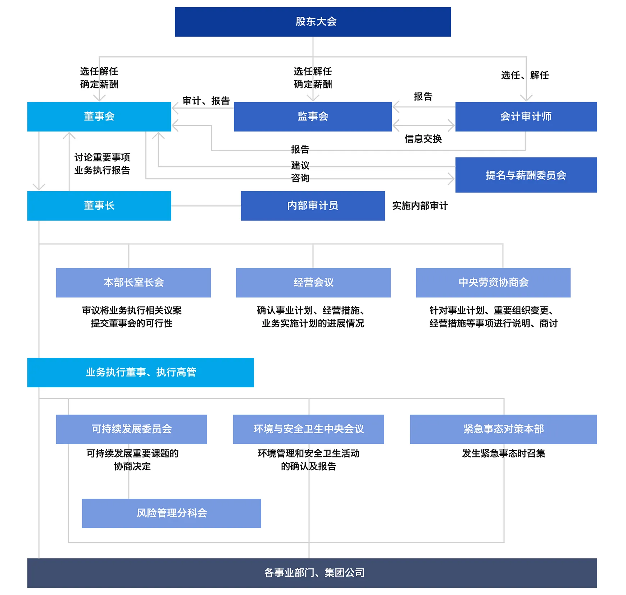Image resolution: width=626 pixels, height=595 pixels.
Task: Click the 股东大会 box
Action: [x=313, y=22]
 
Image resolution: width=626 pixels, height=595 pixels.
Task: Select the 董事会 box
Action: [x=99, y=117]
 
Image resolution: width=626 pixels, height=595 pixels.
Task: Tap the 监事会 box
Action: [x=313, y=117]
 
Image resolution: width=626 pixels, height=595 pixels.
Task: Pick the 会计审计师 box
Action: [x=526, y=117]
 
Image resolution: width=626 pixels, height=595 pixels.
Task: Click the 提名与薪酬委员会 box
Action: [x=526, y=175]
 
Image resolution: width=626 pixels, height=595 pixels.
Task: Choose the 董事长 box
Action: [x=99, y=206]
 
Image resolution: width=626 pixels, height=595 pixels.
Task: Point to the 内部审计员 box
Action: [x=313, y=206]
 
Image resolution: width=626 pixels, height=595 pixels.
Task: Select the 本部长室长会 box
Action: [x=133, y=283]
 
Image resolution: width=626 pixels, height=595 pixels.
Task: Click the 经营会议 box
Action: [x=313, y=283]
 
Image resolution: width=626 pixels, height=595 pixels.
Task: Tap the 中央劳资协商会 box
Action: [x=493, y=283]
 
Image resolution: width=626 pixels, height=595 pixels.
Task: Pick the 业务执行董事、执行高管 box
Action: [x=141, y=373]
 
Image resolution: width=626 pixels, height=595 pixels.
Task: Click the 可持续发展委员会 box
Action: [x=132, y=429]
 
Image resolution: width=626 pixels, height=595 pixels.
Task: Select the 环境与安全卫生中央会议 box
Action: [x=309, y=429]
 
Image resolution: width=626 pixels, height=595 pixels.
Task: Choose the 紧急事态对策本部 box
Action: [x=504, y=429]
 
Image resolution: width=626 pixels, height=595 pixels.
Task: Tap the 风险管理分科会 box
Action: [x=172, y=513]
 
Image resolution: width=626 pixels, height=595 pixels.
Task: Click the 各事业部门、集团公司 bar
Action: [x=312, y=573]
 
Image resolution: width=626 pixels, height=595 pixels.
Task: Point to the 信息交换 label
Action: [x=423, y=139]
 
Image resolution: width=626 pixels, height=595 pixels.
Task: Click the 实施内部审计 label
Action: [x=420, y=206]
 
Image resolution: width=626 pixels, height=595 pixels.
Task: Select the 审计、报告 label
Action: [x=206, y=101]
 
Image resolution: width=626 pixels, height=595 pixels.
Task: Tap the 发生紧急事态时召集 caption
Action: [x=504, y=453]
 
